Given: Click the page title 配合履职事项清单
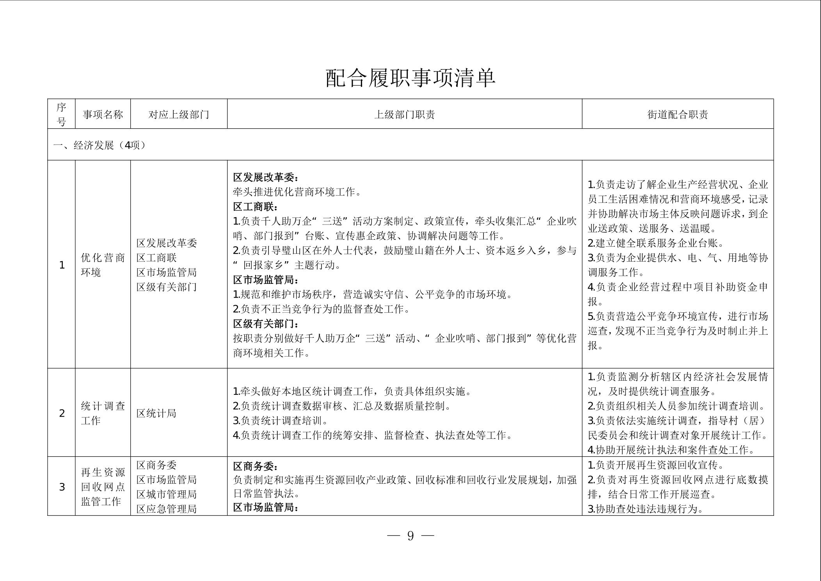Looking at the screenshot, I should point(410,78).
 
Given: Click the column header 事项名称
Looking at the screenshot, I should point(103,114).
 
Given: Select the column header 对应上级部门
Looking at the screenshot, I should point(179,114).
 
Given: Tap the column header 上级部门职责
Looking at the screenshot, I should point(404,114).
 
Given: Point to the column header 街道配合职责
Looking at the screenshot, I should point(677,114).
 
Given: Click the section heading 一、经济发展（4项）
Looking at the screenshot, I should point(100,145).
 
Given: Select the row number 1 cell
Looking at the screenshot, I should point(62,265).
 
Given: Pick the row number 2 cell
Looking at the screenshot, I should point(62,413).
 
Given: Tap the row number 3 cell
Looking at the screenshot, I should point(62,487).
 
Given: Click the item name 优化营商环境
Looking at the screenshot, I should point(103,265).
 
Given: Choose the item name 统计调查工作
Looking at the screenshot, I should point(103,413).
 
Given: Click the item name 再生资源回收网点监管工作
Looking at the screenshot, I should point(103,487).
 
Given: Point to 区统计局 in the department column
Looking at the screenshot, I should point(156,413).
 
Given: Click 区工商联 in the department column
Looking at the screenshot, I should point(156,258).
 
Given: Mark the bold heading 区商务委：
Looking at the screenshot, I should point(256,466).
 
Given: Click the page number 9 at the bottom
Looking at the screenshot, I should point(410,536).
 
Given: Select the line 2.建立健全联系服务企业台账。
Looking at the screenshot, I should point(656,243).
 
